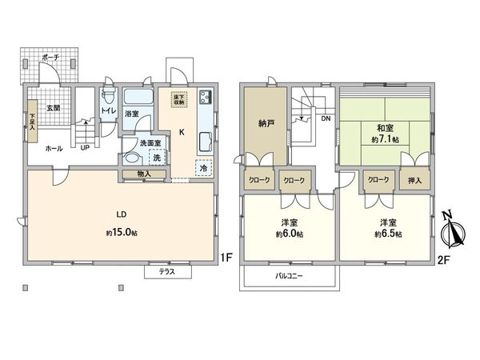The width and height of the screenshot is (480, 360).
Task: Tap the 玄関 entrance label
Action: (52, 107)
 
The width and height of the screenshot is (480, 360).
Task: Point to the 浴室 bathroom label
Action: (132, 114)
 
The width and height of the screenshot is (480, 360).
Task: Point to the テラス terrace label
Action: (167, 272)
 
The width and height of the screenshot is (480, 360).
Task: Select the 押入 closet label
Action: (415, 182)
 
